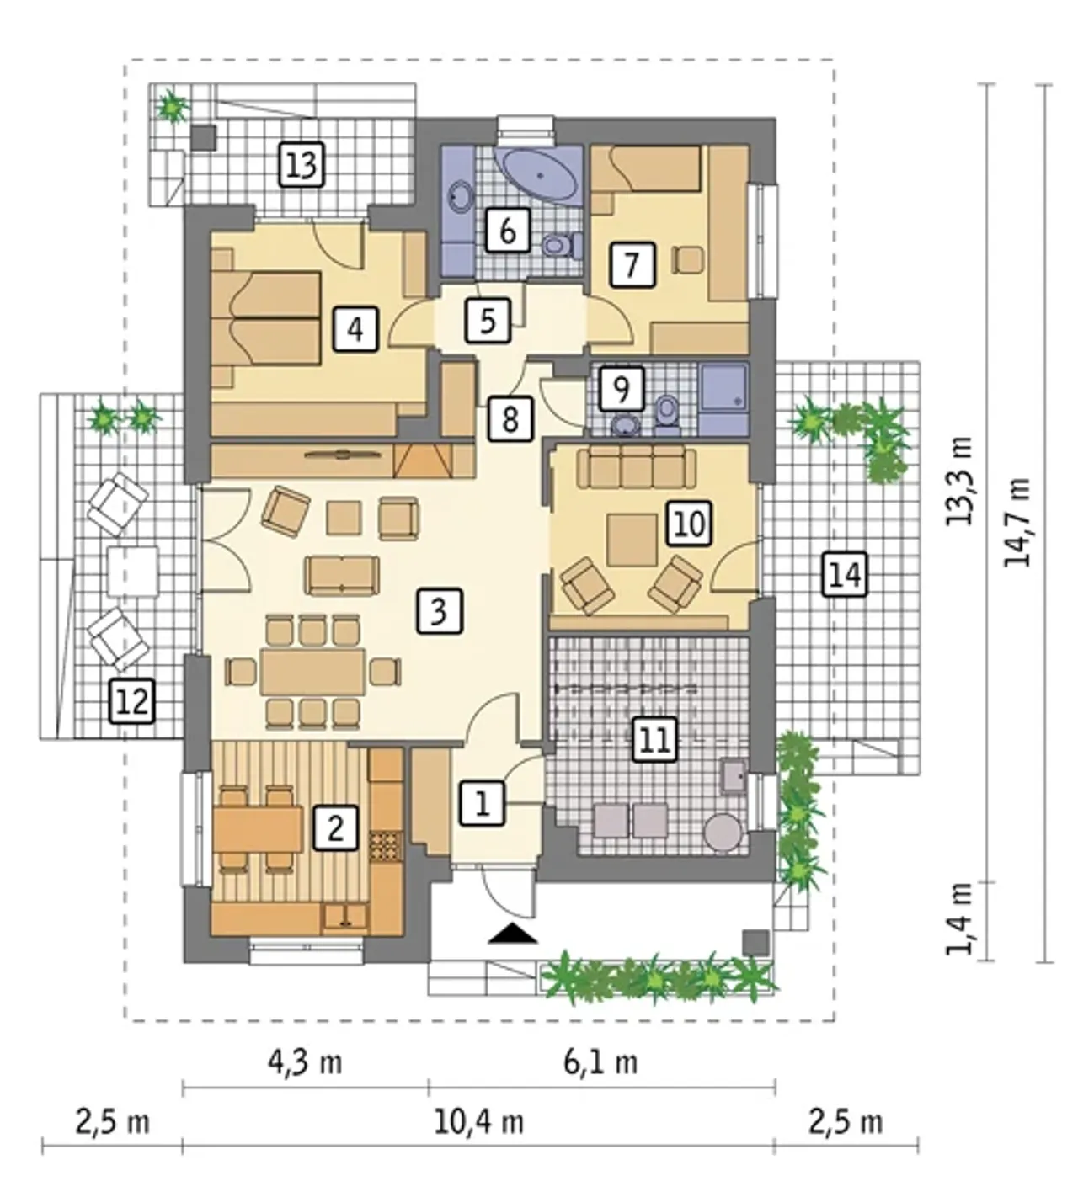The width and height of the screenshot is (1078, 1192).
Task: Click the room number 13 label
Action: click(302, 165)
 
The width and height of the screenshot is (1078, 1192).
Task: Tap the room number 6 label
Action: click(507, 231)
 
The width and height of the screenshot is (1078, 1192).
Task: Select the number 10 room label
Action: click(689, 523)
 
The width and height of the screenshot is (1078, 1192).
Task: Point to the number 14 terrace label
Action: click(845, 574)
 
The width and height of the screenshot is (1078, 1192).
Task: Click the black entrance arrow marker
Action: click(513, 934)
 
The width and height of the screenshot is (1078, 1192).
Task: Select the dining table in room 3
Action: click(312, 672)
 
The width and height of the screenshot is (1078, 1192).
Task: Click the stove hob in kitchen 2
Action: click(386, 848)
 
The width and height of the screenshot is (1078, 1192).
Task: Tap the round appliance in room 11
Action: click(723, 833)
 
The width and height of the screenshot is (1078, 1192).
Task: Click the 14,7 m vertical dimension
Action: click(1017, 522)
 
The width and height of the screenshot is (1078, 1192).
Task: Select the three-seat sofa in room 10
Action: click(636, 469)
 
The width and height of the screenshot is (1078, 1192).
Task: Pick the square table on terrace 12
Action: click(133, 572)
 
